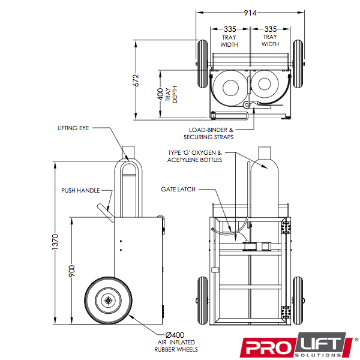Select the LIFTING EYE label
(73, 128)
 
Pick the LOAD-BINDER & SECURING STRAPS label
(208, 133)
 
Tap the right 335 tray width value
(270, 29)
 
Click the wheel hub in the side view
(108, 300)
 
